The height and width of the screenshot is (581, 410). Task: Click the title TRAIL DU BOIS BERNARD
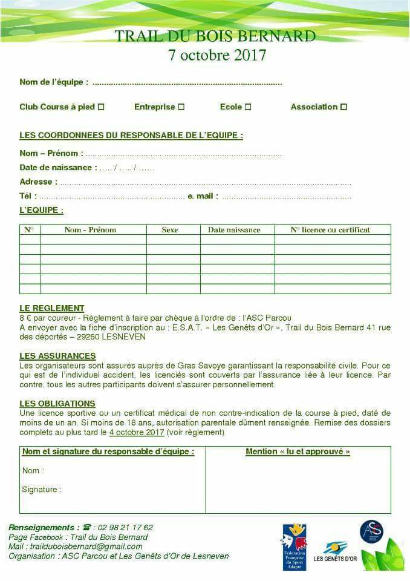pyautogui.click(x=215, y=36)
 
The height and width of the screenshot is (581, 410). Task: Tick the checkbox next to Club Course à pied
pyautogui.click(x=101, y=107)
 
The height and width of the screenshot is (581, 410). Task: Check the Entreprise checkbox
pyautogui.click(x=181, y=107)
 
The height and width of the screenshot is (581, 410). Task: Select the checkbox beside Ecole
pyautogui.click(x=248, y=107)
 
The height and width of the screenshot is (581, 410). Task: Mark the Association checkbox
pyautogui.click(x=343, y=107)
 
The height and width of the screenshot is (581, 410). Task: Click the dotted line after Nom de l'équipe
pyautogui.click(x=187, y=83)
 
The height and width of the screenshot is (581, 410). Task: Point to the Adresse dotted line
pyautogui.click(x=206, y=182)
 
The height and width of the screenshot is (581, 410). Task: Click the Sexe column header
pyautogui.click(x=170, y=230)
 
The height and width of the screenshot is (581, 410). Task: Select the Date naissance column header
pyautogui.click(x=234, y=230)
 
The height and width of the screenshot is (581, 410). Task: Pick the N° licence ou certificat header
pyautogui.click(x=330, y=230)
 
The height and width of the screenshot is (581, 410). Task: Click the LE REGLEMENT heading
pyautogui.click(x=52, y=308)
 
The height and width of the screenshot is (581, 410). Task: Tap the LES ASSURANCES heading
pyautogui.click(x=57, y=356)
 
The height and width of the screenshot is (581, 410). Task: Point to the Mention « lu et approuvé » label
pyautogui.click(x=298, y=451)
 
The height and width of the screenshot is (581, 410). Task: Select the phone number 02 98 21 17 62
pyautogui.click(x=125, y=527)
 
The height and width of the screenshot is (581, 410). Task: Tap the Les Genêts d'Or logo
pyautogui.click(x=334, y=551)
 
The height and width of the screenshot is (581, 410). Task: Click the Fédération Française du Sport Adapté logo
pyautogui.click(x=294, y=547)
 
